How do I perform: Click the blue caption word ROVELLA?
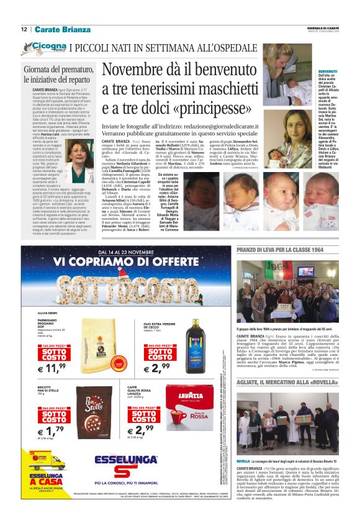click(x=243, y=461)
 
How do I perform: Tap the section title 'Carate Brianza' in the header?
click(x=62, y=29)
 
